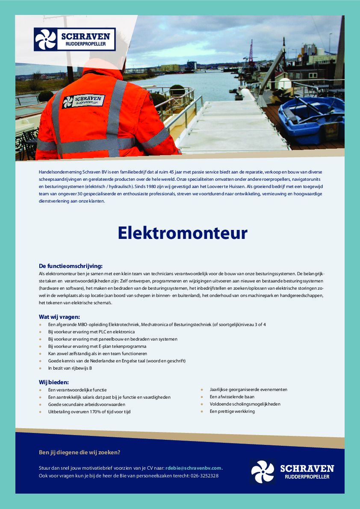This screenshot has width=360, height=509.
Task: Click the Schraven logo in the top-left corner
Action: [x=75, y=39]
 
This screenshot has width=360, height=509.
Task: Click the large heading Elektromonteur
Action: [x=183, y=233]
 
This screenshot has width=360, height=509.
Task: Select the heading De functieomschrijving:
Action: [x=71, y=265]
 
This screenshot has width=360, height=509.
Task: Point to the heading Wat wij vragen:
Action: [x=59, y=317]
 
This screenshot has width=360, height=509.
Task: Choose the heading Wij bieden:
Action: [x=54, y=382]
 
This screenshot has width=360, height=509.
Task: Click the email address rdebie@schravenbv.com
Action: [x=194, y=468]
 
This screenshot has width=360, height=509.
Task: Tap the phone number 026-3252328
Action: [x=204, y=476]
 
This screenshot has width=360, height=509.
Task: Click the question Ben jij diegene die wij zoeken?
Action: [x=80, y=452]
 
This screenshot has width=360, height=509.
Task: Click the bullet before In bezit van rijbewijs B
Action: [x=40, y=368]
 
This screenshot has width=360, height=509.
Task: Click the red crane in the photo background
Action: [x=251, y=53]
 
